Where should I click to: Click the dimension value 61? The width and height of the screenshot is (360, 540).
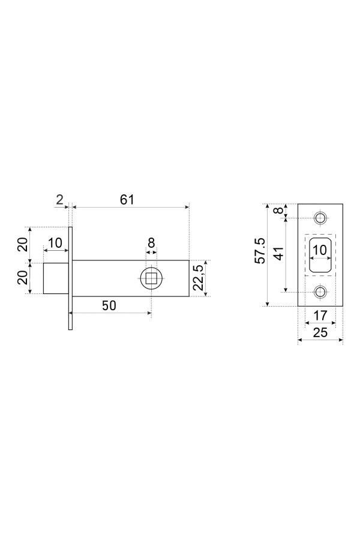[127, 200]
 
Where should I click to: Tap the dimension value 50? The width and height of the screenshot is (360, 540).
[109, 305]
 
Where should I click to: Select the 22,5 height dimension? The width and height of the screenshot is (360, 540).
[198, 278]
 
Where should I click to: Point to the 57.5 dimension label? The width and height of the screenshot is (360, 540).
[260, 251]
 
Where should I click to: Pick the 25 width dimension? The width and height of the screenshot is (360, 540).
[320, 332]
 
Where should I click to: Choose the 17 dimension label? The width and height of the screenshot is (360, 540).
[320, 316]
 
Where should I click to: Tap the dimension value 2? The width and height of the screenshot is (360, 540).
[60, 199]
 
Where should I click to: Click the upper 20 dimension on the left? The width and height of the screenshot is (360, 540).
[23, 245]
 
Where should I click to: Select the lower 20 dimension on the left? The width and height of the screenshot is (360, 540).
[23, 278]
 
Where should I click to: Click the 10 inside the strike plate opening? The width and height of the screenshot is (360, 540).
[320, 250]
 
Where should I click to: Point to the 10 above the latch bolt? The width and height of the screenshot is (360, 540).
[55, 243]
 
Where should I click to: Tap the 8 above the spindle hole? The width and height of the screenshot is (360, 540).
[151, 243]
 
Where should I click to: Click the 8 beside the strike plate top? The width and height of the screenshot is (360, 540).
[280, 210]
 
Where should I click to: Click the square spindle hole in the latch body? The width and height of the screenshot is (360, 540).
[151, 278]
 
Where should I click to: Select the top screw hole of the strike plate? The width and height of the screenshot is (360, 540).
[321, 218]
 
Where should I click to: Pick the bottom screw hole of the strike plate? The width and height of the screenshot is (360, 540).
[321, 292]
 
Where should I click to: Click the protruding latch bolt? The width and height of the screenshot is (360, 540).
[56, 278]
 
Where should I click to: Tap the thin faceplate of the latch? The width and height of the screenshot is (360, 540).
[71, 278]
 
